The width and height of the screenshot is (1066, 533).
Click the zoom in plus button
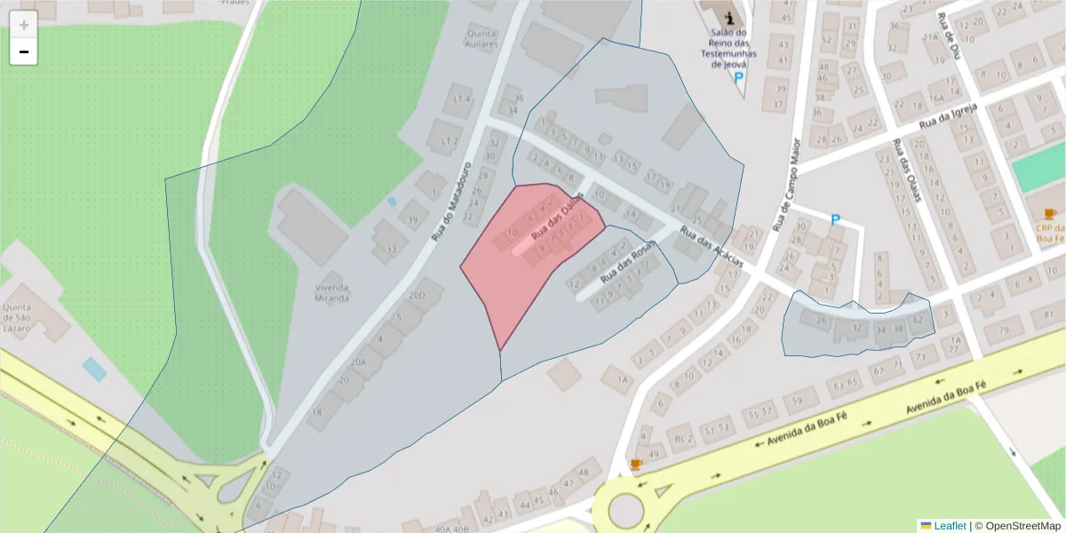coord(24,25)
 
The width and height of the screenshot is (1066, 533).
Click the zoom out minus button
coord(24,52)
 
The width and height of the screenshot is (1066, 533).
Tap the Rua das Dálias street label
coord(557,217)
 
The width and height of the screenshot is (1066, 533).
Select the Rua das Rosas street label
coord(627,265)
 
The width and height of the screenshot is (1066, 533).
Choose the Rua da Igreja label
coord(948,115)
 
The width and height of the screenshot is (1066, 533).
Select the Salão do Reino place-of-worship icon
coord(729,17)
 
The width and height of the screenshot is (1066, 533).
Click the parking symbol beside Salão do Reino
coord(738,78)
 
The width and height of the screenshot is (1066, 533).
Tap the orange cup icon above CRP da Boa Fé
coord(1049,213)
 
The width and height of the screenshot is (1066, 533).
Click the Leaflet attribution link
coord(949,526)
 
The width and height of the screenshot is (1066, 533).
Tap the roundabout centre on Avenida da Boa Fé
coord(625,510)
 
